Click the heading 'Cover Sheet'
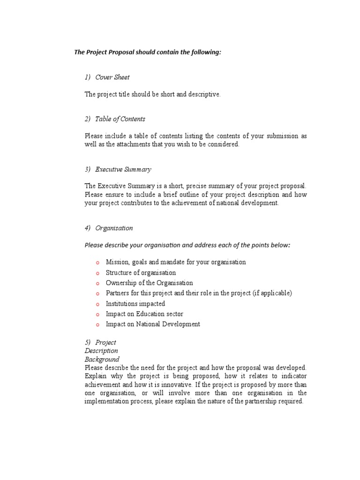(x=112, y=77)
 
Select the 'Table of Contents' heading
(x=120, y=119)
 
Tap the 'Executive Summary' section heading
(x=123, y=169)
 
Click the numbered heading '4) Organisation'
(x=109, y=228)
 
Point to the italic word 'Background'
(x=102, y=360)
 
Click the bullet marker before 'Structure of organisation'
(x=97, y=273)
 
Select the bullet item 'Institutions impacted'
(x=135, y=304)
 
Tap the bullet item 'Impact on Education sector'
(x=144, y=314)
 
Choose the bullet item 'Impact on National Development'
(x=153, y=324)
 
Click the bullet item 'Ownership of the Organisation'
(x=149, y=283)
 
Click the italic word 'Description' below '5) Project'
(x=101, y=351)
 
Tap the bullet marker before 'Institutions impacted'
(x=97, y=304)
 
